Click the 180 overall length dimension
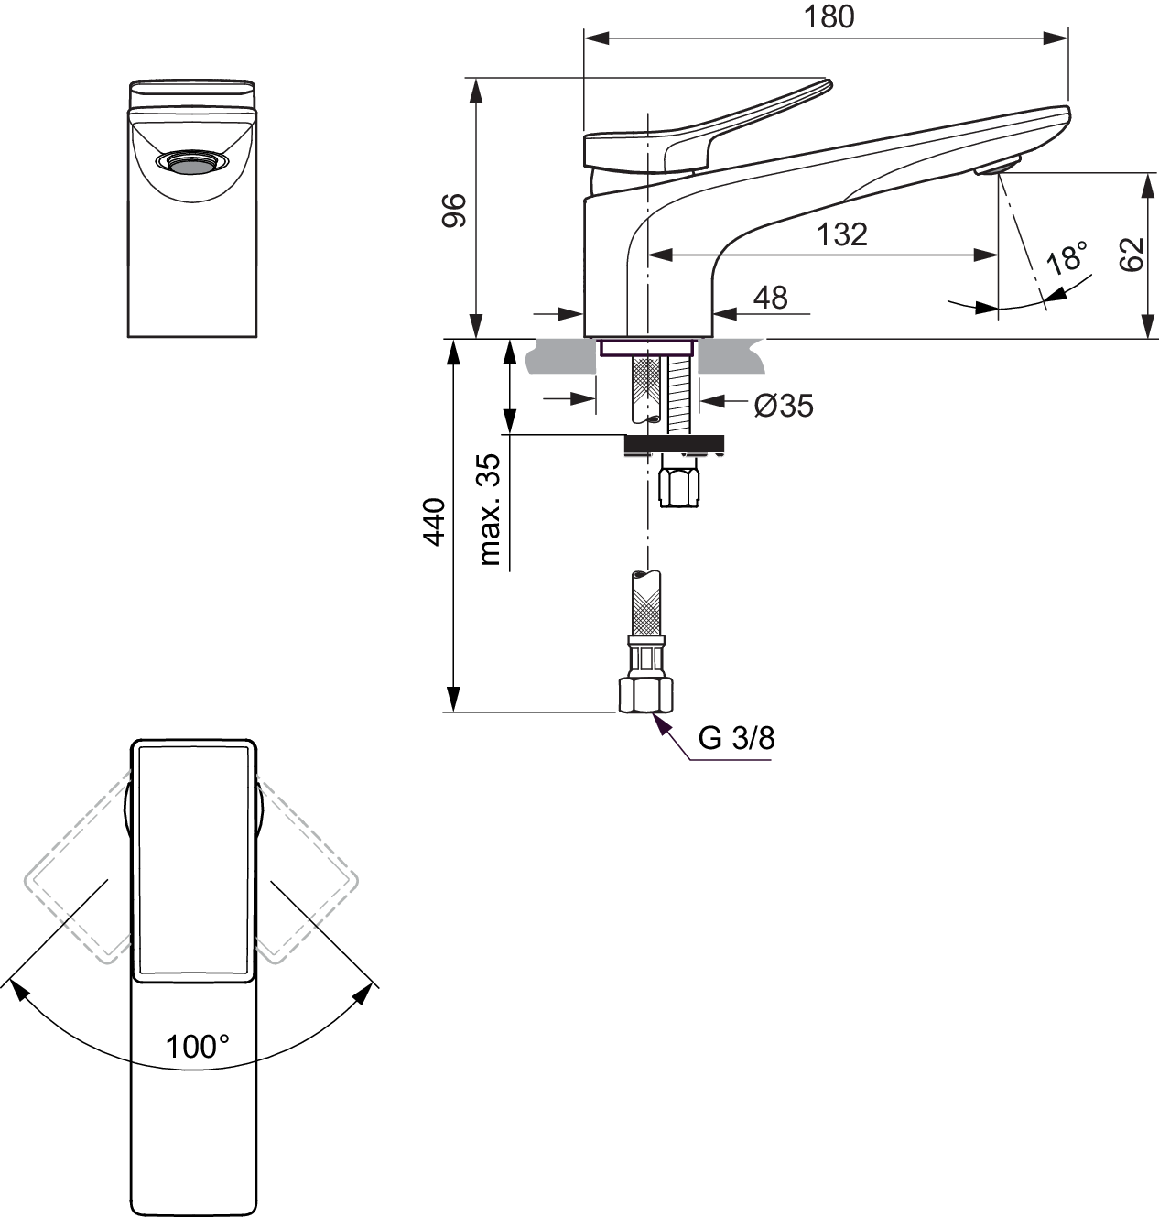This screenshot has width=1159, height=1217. (x=829, y=16)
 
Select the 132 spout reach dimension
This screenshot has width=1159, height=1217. (x=841, y=234)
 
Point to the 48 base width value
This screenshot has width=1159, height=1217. (x=770, y=298)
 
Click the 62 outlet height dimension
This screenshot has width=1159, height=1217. (x=1132, y=254)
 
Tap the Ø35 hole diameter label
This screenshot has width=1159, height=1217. (x=784, y=406)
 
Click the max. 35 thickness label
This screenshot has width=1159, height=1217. (x=489, y=509)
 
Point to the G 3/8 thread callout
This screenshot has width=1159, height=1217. (x=736, y=738)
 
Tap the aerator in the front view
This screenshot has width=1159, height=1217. (x=192, y=162)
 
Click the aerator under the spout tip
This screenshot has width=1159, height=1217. (x=998, y=167)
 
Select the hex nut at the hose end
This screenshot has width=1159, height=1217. (x=645, y=695)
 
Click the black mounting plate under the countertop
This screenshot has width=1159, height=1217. (x=674, y=443)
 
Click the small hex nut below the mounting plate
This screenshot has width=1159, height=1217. (x=679, y=487)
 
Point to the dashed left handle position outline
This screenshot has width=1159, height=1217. (x=78, y=866)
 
